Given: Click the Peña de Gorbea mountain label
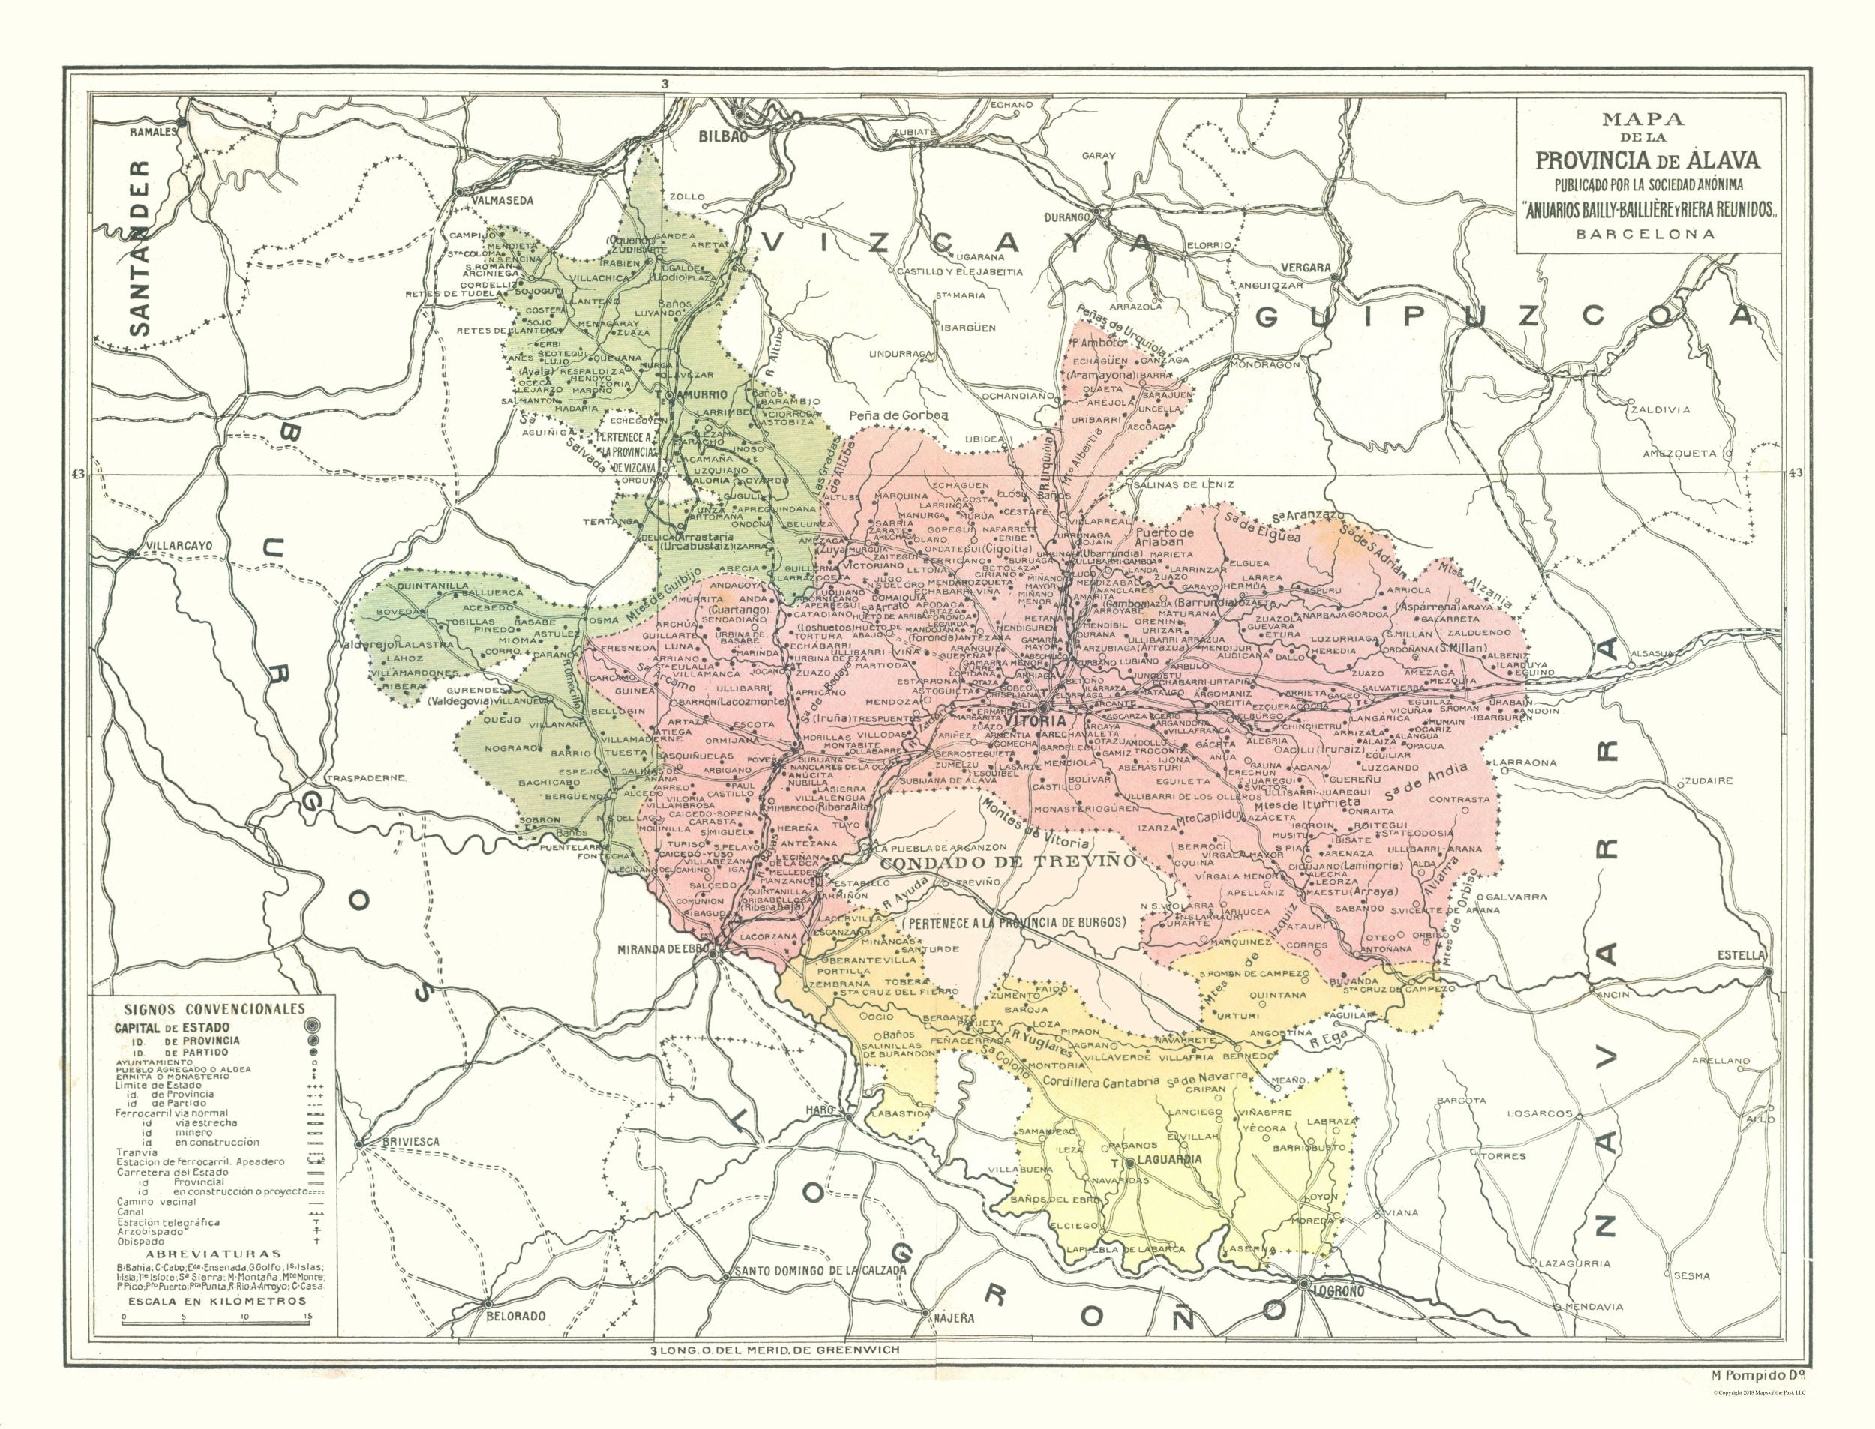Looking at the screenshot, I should (x=898, y=415).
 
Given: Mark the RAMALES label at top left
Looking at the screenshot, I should (x=152, y=133).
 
